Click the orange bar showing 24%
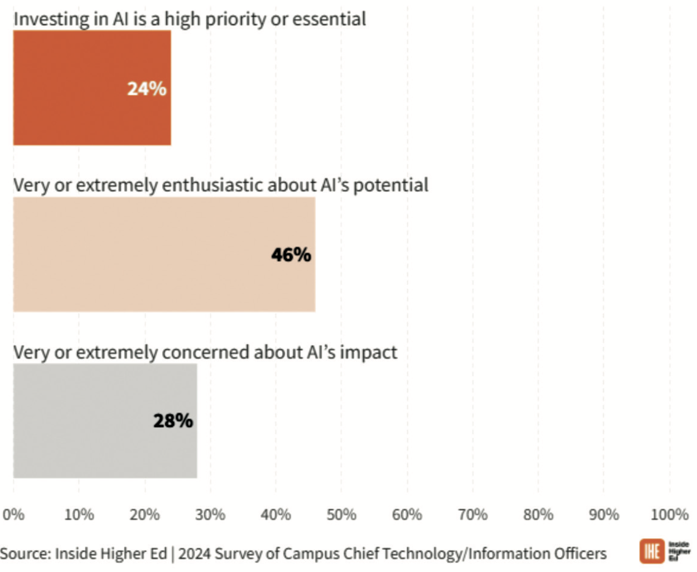click(71, 88)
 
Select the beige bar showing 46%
click(141, 254)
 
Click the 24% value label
click(147, 89)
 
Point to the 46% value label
click(291, 255)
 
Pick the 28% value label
click(173, 421)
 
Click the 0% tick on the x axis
click(13, 515)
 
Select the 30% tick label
click(210, 515)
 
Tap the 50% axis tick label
click(341, 515)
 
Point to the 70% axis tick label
click(473, 515)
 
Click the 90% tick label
click(604, 515)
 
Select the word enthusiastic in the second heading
click(212, 185)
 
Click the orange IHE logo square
click(652, 551)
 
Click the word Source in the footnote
click(25, 554)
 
